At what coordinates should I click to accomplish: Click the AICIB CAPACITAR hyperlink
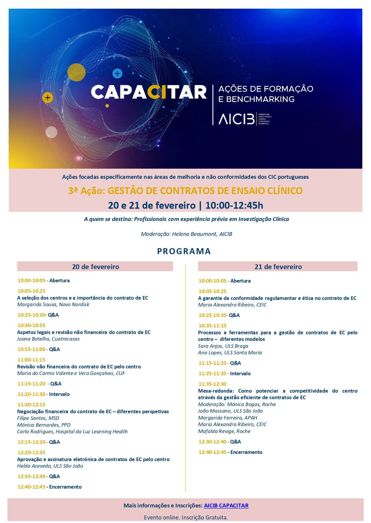(226, 505)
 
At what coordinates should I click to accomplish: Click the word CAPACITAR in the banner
(149, 92)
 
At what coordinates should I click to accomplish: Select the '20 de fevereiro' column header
(95, 267)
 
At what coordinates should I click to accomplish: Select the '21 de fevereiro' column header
(278, 267)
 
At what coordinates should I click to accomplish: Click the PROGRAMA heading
(184, 251)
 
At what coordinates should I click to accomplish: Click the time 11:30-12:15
(31, 405)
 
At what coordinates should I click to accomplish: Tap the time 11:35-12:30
(212, 384)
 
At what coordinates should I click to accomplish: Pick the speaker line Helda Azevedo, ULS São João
(50, 466)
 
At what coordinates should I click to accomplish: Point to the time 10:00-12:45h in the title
(234, 205)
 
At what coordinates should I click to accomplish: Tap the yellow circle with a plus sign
(48, 97)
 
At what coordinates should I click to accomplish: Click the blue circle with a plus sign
(117, 73)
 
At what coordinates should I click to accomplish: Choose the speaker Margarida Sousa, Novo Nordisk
(53, 304)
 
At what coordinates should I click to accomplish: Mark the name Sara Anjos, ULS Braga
(223, 346)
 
